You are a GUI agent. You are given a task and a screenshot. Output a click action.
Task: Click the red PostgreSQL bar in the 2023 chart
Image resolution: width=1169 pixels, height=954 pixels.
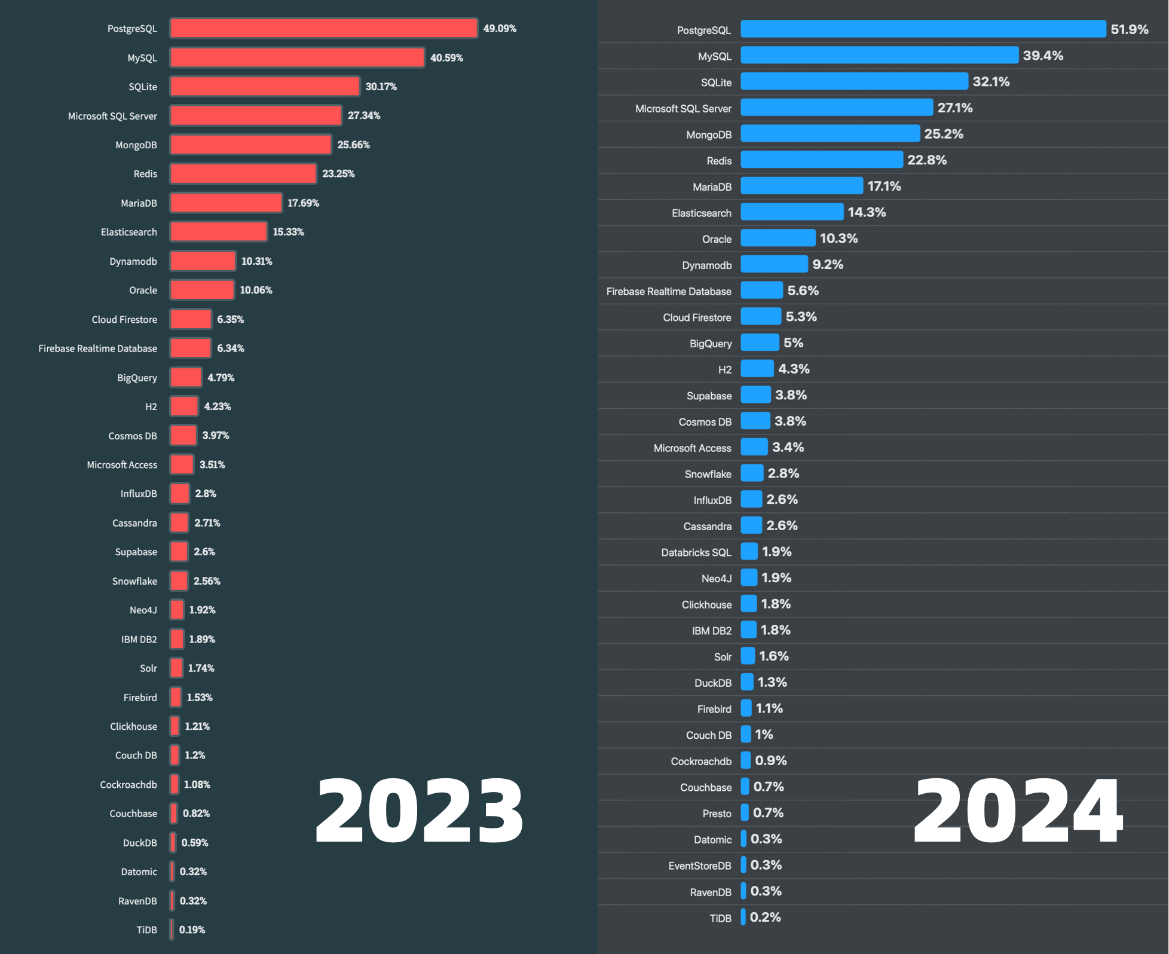coord(323,28)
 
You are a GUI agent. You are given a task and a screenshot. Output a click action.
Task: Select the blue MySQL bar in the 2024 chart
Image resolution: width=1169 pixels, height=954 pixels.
coord(879,55)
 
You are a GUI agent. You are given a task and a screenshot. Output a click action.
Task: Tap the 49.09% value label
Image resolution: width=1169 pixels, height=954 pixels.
coord(500,28)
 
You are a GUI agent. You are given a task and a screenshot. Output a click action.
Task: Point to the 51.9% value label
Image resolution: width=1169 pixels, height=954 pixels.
coord(1129,29)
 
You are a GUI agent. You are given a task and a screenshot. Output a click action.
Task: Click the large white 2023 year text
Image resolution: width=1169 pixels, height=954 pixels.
coord(419,811)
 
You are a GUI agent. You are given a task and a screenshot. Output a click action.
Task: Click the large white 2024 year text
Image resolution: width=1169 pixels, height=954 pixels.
coord(1018,811)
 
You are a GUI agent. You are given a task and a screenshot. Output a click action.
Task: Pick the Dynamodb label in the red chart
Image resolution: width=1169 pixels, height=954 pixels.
coord(133,261)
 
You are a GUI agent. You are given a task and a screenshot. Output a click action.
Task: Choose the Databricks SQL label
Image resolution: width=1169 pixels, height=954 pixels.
coord(696,552)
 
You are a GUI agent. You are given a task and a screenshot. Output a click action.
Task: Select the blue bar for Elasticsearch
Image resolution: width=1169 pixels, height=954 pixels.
coord(792,212)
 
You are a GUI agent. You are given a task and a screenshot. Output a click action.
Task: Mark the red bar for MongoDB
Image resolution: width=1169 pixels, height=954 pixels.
coord(250,145)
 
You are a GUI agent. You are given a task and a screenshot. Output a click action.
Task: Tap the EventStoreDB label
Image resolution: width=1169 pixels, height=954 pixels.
coord(699,866)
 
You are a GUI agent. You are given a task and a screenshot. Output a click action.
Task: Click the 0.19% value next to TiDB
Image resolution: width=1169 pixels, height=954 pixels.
coord(192,929)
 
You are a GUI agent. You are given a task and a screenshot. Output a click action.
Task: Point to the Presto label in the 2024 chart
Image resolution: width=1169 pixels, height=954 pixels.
coord(717,814)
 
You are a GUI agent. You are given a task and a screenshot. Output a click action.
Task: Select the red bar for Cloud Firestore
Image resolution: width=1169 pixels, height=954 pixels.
coord(191,319)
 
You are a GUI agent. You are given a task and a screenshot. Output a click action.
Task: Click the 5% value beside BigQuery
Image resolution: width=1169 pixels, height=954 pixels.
coord(793,343)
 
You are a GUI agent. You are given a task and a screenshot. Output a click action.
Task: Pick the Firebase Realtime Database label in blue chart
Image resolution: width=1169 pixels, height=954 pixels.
coord(668,291)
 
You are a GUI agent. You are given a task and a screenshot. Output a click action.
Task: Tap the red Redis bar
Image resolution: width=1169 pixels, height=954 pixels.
coord(243,173)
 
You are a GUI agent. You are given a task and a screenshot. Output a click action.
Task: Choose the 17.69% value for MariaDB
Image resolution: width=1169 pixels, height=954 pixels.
coord(303,203)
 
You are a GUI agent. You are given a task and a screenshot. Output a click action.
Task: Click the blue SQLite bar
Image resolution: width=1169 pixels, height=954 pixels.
coord(854,81)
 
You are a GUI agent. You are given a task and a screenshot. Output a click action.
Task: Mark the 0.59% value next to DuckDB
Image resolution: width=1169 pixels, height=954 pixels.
coord(195,842)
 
